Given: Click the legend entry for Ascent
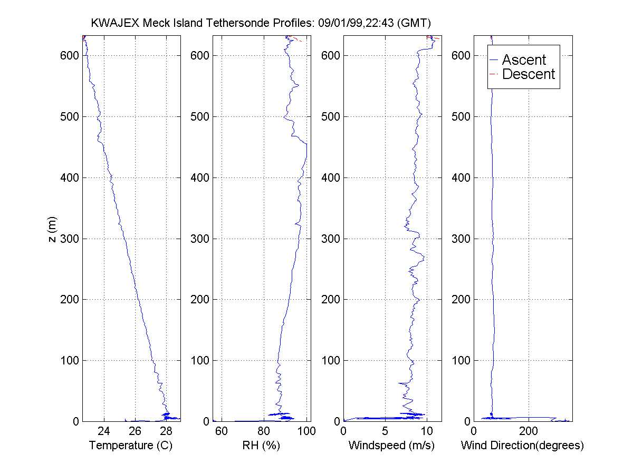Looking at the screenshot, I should point(524,60).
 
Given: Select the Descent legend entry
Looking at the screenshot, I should point(529,74).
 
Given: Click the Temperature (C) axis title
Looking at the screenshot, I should point(131,446).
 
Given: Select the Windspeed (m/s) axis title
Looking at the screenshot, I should point(392,446).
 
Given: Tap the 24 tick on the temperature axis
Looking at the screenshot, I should point(104,431).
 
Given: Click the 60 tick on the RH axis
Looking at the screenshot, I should point(222,431).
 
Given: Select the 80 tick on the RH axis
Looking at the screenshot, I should point(264,431).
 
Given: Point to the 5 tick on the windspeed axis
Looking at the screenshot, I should point(385,431).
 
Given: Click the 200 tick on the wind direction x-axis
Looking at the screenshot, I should point(529,431).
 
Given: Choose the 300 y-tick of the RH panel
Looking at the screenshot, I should point(200,239).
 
